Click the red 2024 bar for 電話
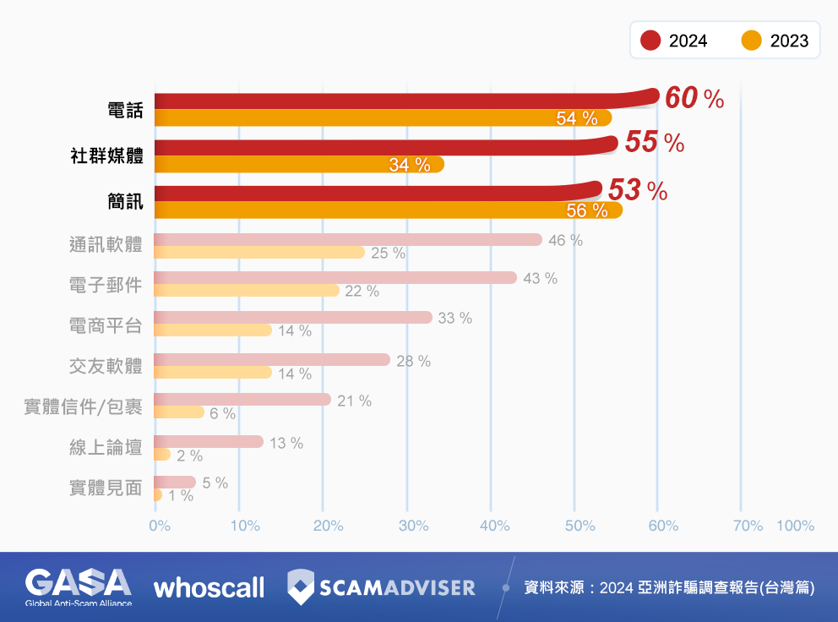click(380, 101)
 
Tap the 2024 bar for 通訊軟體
click(347, 239)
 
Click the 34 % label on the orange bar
click(410, 165)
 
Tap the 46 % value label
click(565, 240)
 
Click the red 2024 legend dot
click(650, 41)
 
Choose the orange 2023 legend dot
click(751, 41)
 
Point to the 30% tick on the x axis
click(413, 526)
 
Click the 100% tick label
click(795, 526)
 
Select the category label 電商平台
click(106, 325)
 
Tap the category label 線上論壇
click(106, 447)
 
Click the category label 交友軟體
click(106, 366)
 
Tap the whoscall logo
click(209, 587)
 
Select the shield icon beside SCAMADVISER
click(302, 587)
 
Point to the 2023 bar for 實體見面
click(158, 494)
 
